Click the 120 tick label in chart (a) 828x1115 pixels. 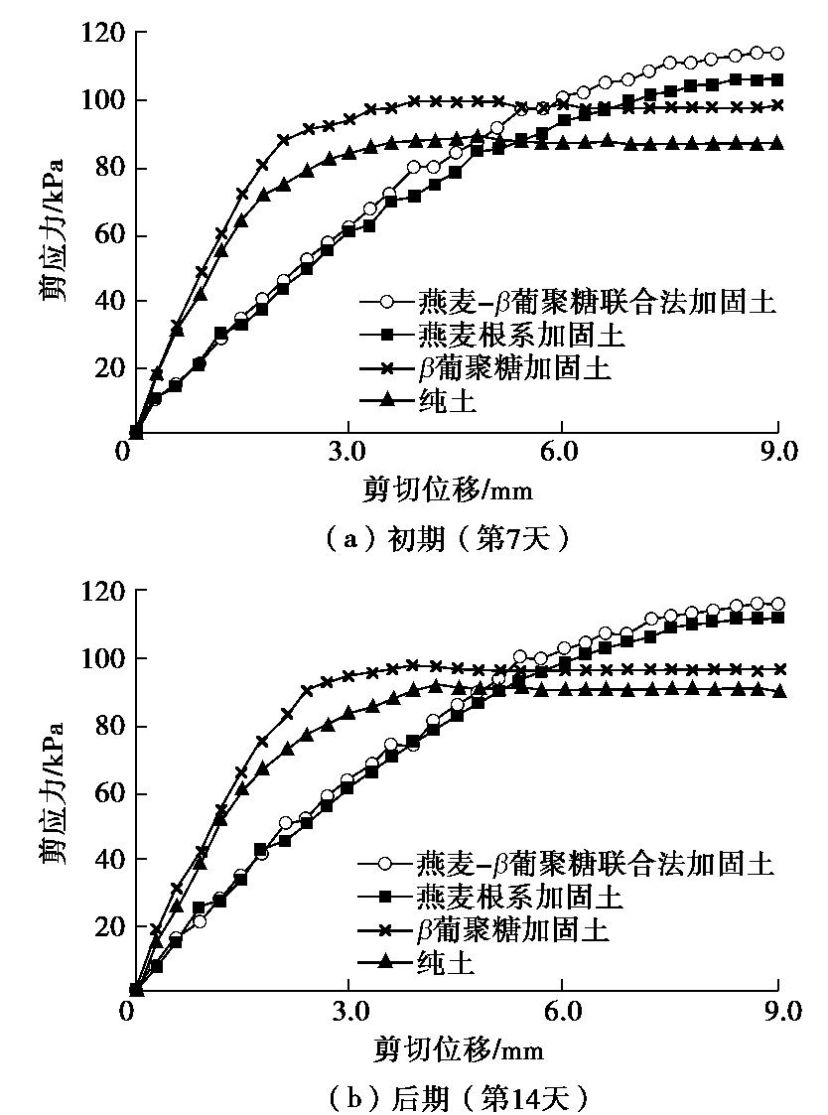pos(103,34)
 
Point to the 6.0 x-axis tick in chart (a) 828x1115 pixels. pos(561,453)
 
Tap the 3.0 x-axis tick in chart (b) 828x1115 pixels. pos(348,1011)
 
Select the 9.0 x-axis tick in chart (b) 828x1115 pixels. pos(777,1011)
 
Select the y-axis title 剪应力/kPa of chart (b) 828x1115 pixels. pos(55,791)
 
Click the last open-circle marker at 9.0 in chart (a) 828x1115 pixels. pos(777,54)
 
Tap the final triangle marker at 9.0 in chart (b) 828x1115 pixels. pos(778,691)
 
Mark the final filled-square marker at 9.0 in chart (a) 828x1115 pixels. pos(777,79)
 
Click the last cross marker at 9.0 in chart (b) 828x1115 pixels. pos(778,669)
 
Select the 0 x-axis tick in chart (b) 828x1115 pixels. pos(126,1011)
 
